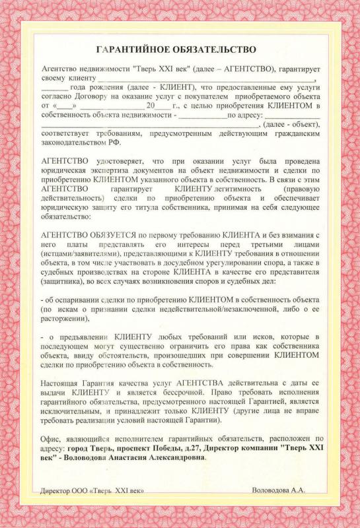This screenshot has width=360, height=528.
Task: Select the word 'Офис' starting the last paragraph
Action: pos(51,438)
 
